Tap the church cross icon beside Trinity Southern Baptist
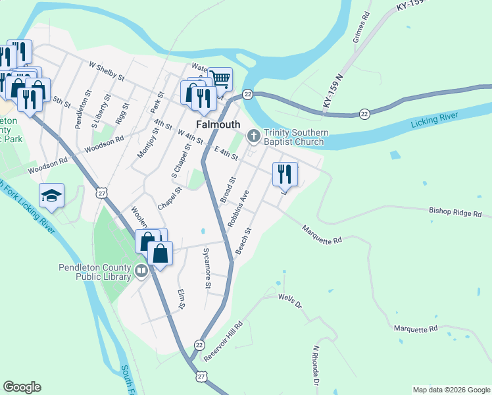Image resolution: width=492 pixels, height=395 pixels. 253,136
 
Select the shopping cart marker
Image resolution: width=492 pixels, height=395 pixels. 220,80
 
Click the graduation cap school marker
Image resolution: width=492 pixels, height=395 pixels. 51,196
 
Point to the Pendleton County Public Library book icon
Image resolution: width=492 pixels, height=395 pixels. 141,271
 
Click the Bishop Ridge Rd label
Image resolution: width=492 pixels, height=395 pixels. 455,214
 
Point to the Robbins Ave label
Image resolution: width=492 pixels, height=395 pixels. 238,209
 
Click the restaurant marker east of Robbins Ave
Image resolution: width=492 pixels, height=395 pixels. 285,174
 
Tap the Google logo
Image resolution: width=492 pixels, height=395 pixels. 22,387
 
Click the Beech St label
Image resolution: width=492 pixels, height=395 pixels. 244,241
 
